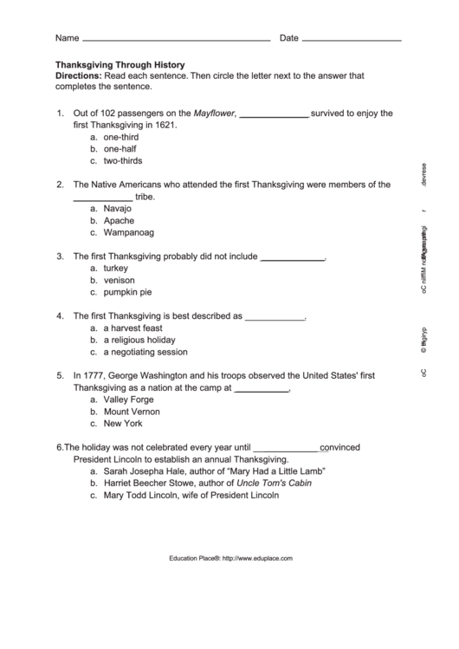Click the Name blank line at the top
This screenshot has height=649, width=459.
pyautogui.click(x=176, y=40)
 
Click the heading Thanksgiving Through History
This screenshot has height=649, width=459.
pyautogui.click(x=120, y=65)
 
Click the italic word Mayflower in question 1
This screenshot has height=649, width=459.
pyautogui.click(x=214, y=113)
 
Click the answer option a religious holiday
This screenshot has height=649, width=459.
pyautogui.click(x=139, y=341)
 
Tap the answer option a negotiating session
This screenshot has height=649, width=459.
pyautogui.click(x=145, y=353)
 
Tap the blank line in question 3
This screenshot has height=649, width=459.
pyautogui.click(x=292, y=257)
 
